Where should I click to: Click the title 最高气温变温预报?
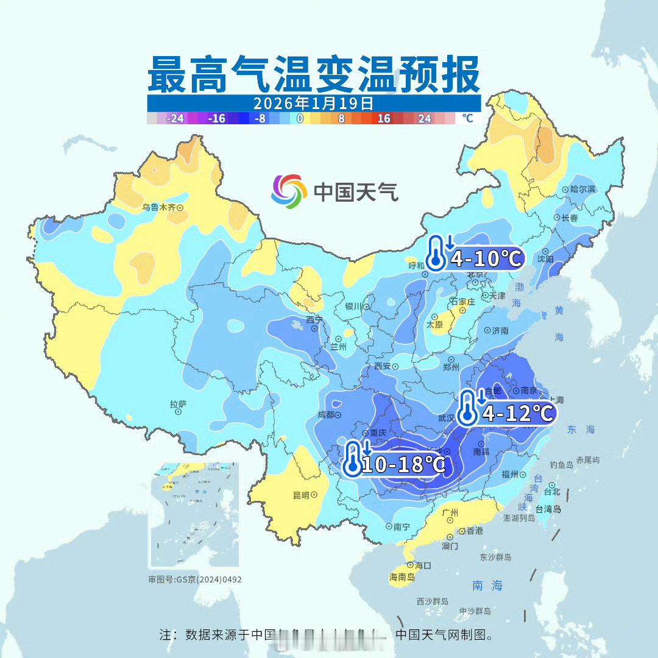[x=314, y=75]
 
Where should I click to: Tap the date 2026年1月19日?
[x=313, y=102]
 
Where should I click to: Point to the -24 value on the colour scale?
[x=175, y=119]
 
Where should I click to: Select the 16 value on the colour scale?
[x=383, y=119]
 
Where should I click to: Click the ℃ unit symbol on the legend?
[x=467, y=118]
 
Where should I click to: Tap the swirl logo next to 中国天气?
[x=289, y=190]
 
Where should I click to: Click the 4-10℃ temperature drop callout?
[x=475, y=254]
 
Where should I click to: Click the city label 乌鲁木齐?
[x=158, y=207]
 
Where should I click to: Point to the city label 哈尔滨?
[x=582, y=189]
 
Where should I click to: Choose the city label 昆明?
[x=301, y=495]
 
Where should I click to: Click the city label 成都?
[x=326, y=415]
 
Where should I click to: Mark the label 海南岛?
[x=402, y=576]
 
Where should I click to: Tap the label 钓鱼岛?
[x=561, y=464]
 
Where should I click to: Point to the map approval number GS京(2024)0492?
[x=195, y=579]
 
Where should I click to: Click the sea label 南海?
[x=487, y=585]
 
